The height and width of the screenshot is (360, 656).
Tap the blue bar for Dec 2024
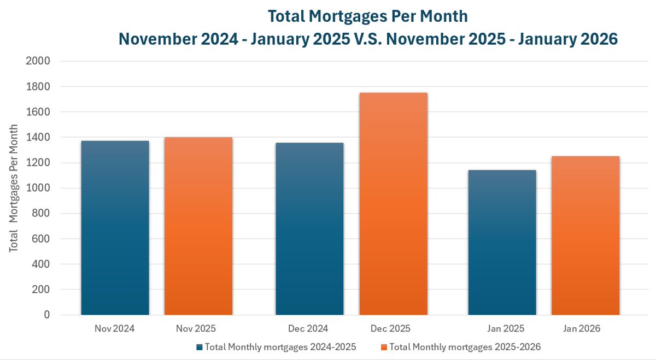point(309,229)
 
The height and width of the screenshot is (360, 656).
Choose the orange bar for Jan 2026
point(585,235)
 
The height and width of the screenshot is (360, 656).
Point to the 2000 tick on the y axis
point(38,61)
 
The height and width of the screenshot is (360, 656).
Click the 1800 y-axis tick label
point(38,86)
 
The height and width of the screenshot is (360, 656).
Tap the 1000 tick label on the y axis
point(38,188)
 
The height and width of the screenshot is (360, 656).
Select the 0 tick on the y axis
point(46,315)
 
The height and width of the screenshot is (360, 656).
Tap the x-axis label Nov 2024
point(114,329)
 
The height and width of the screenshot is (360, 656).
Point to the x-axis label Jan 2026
point(582,329)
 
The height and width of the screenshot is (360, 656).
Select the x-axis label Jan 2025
point(505,329)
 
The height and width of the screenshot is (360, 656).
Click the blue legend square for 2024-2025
point(200,347)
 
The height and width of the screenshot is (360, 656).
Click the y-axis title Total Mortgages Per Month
point(14,188)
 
